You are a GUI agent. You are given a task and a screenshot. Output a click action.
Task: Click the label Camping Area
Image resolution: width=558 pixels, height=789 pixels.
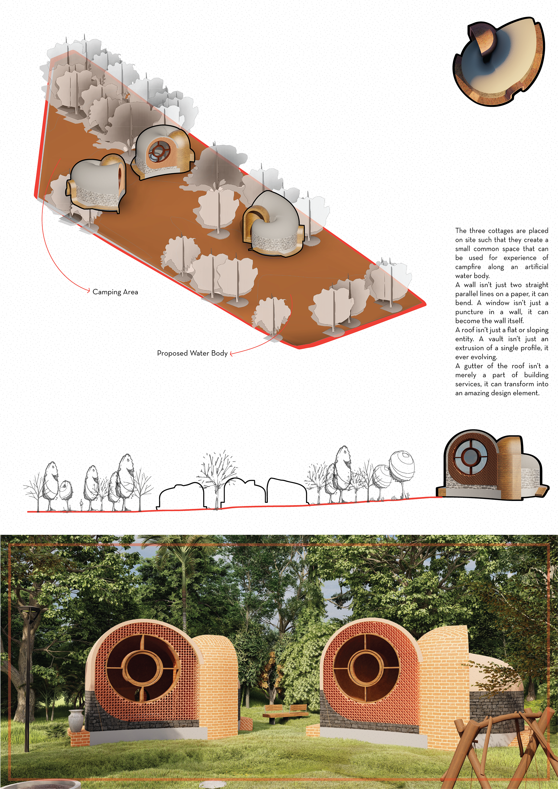click(x=115, y=292)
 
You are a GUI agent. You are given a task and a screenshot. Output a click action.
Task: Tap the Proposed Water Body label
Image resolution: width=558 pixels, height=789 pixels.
click(x=192, y=353)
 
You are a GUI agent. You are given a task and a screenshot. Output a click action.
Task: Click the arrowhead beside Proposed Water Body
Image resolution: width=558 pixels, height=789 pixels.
click(x=232, y=353)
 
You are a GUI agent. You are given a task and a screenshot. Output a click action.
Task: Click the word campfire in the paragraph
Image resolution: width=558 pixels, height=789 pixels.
click(x=468, y=267)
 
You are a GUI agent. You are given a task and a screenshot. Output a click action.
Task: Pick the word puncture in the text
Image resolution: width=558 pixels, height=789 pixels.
click(x=469, y=312)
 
